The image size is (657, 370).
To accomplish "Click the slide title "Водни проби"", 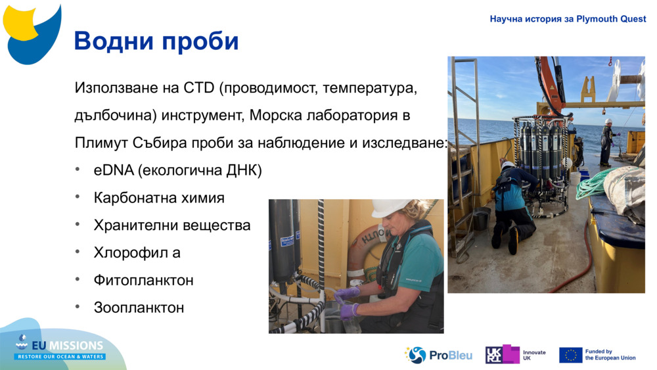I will pyautogui.click(x=156, y=41).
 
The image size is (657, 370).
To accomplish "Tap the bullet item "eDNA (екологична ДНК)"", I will pyautogui.click(x=177, y=171).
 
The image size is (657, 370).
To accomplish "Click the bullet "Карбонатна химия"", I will pyautogui.click(x=159, y=198).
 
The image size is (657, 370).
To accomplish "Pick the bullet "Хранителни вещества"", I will pyautogui.click(x=172, y=225).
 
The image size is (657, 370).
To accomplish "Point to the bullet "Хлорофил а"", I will pyautogui.click(x=137, y=253).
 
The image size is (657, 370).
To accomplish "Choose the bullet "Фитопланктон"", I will pyautogui.click(x=143, y=281).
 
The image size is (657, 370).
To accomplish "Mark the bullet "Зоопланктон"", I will pyautogui.click(x=139, y=308).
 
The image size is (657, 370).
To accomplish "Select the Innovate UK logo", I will pyautogui.click(x=515, y=355).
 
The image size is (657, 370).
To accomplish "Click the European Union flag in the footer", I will pyautogui.click(x=570, y=355).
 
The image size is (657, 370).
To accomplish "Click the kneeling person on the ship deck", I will pyautogui.click(x=512, y=200).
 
